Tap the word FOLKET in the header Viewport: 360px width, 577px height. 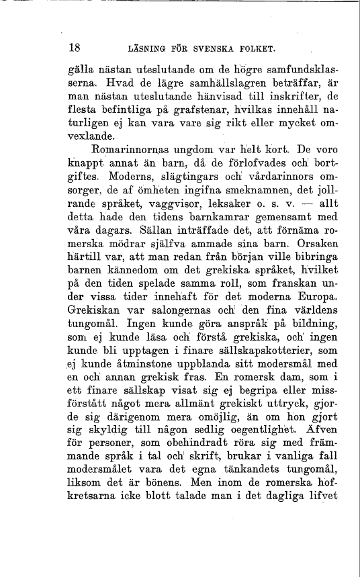point(256,49)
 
